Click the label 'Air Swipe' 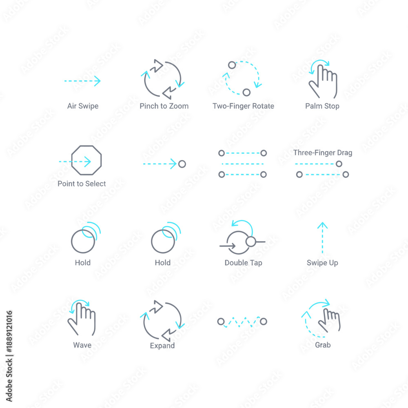[83, 106]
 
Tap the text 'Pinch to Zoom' [164, 106]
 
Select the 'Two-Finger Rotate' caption [243, 106]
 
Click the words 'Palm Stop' [322, 106]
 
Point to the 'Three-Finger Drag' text [323, 153]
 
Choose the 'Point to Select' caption [82, 184]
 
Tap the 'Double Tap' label [243, 263]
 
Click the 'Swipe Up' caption [322, 263]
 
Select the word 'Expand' [162, 346]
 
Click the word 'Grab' [323, 345]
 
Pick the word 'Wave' [82, 345]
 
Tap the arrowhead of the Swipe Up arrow [322, 225]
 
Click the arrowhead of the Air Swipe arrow [98, 81]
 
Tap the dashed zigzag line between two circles [242, 322]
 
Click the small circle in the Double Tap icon [251, 242]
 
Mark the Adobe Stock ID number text [9, 331]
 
